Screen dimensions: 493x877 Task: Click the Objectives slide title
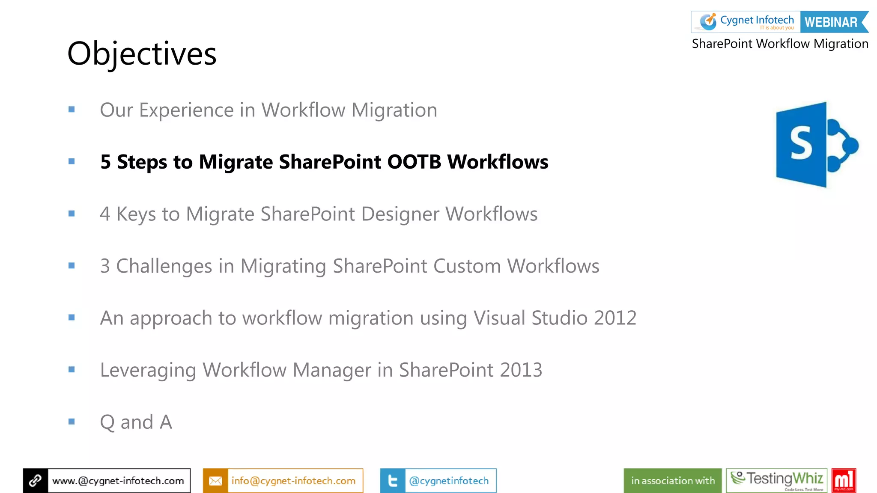coord(142,54)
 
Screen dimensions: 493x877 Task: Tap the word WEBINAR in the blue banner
coord(831,22)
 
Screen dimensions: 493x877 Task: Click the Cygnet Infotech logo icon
coord(708,21)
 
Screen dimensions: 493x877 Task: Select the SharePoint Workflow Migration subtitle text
coord(780,44)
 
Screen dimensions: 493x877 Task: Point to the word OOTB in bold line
coord(414,162)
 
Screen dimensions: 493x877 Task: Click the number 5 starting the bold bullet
coord(105,162)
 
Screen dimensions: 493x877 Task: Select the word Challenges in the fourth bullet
coord(164,266)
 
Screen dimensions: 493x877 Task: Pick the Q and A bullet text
coord(136,422)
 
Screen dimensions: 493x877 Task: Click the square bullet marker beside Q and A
coord(72,422)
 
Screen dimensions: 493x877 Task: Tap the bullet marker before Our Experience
coord(72,110)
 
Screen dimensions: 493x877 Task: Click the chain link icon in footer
coord(36,481)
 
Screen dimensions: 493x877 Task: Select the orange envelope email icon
coord(215,481)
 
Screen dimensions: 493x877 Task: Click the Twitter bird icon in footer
coord(392,481)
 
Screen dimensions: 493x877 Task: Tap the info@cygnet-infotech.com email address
coord(293,481)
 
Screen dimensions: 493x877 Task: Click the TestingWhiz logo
coord(776,480)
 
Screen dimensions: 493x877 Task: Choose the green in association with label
coord(673,481)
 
